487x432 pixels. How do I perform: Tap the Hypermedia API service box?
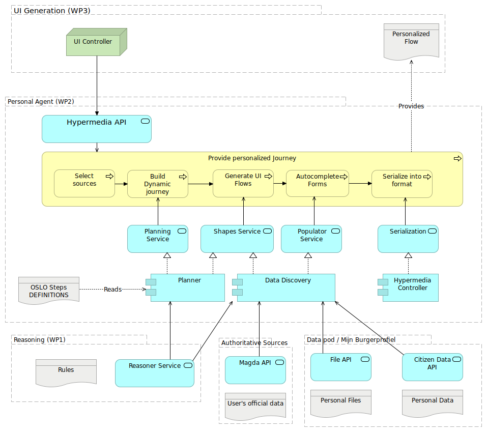[x=97, y=129]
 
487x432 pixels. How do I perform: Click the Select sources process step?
[x=84, y=183]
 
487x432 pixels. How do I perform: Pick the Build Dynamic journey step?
[x=158, y=184]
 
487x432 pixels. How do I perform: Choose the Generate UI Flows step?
[x=243, y=183]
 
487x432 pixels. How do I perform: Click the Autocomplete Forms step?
[x=318, y=183]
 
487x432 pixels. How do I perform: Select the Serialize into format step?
[x=402, y=184]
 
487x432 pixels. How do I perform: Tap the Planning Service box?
[x=158, y=239]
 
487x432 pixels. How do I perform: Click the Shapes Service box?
[x=237, y=239]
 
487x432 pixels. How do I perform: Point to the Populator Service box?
[x=311, y=239]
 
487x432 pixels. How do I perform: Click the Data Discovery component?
[x=286, y=287]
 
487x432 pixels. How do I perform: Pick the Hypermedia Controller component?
[x=410, y=287]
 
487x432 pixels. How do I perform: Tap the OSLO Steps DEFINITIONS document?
[x=49, y=291]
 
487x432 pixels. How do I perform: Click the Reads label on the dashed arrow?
[x=112, y=289]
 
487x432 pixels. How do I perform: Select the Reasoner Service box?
[x=154, y=373]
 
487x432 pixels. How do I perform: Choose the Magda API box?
[x=255, y=370]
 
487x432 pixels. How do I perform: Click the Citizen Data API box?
[x=432, y=367]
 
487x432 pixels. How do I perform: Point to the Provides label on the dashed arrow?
[x=411, y=106]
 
